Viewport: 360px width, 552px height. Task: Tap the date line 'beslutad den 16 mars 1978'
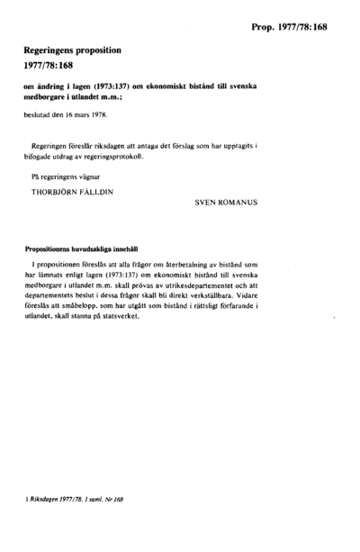pyautogui.click(x=71, y=116)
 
